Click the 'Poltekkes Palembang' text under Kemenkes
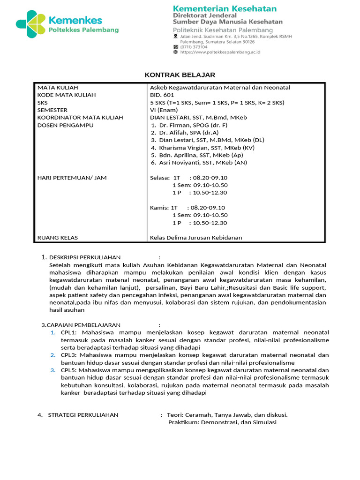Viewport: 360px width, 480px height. [x=84, y=30]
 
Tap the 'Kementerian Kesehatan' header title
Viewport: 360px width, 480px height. [x=225, y=8]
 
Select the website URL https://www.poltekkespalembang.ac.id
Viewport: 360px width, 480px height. [x=220, y=52]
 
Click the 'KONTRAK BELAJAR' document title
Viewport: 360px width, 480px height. [x=180, y=75]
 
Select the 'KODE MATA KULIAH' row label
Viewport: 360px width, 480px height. [x=67, y=95]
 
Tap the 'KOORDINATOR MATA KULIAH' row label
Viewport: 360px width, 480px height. [x=80, y=118]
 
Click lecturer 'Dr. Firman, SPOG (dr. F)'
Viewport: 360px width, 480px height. [x=193, y=125]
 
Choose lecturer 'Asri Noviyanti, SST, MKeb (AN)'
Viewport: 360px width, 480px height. [x=202, y=163]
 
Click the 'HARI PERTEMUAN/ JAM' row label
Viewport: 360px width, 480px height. [x=72, y=178]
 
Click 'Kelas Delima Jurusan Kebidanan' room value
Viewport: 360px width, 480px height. [x=196, y=238]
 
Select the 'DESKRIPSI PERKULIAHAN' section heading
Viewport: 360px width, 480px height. [x=85, y=257]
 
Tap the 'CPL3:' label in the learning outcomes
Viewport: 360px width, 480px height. [x=69, y=355]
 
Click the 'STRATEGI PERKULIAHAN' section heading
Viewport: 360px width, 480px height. [x=83, y=415]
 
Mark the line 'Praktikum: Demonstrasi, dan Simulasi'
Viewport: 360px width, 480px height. [x=222, y=422]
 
